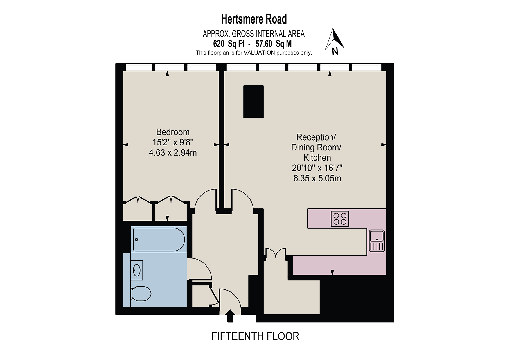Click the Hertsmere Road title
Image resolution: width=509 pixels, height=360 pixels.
(254, 19)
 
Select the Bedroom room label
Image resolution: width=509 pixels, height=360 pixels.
(173, 132)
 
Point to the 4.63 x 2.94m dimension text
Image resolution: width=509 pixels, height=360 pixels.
(173, 153)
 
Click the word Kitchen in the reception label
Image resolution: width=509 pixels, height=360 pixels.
(317, 158)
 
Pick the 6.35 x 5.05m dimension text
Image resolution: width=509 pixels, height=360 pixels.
(317, 178)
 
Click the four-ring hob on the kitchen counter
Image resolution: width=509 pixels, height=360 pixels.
(340, 219)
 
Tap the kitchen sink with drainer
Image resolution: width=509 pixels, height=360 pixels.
(377, 241)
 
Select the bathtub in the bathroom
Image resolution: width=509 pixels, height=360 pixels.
(159, 240)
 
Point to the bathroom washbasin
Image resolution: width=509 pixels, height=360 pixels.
(136, 270)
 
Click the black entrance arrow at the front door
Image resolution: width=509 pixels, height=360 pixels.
(230, 316)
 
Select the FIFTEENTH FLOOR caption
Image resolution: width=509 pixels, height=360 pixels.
(255, 336)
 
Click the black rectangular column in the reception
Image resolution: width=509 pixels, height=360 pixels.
(253, 102)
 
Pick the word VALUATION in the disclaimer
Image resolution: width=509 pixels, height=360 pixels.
(259, 53)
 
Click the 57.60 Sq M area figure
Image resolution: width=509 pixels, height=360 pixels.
(274, 44)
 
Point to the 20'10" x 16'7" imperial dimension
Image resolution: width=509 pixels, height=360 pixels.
(317, 168)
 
